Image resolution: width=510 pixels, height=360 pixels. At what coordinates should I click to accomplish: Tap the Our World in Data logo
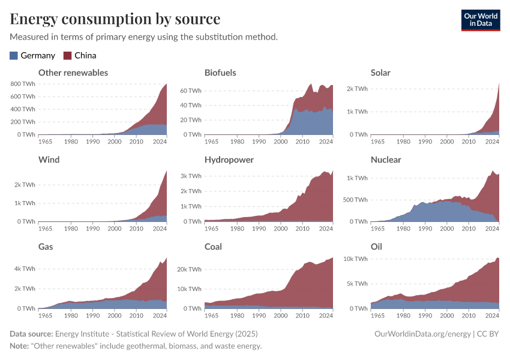pyautogui.click(x=480, y=20)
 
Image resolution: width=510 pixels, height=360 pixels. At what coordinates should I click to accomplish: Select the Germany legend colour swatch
pyautogui.click(x=14, y=55)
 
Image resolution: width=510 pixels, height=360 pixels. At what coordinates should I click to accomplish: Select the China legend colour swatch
pyautogui.click(x=68, y=55)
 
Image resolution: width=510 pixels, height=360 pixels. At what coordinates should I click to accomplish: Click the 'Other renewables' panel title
pyautogui.click(x=73, y=73)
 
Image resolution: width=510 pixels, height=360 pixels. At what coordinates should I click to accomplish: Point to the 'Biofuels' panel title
pyautogui.click(x=220, y=73)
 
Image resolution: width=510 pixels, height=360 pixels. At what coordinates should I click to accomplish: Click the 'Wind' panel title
pyautogui.click(x=49, y=160)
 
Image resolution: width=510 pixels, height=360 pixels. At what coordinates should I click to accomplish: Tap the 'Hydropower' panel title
pyautogui.click(x=229, y=160)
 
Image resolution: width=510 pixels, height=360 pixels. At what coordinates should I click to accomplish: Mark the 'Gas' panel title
pyautogui.click(x=46, y=246)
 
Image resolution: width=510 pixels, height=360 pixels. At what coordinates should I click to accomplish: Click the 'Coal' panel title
pyautogui.click(x=214, y=246)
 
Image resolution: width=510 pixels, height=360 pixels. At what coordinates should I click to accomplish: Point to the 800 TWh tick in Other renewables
pyautogui.click(x=22, y=83)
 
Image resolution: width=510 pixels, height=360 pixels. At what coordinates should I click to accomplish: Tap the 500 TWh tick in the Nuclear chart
pyautogui.click(x=353, y=200)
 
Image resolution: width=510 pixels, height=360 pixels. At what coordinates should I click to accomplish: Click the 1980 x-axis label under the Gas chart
pyautogui.click(x=71, y=315)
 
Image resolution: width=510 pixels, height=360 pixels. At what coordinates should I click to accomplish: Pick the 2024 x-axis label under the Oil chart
pyautogui.click(x=492, y=315)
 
